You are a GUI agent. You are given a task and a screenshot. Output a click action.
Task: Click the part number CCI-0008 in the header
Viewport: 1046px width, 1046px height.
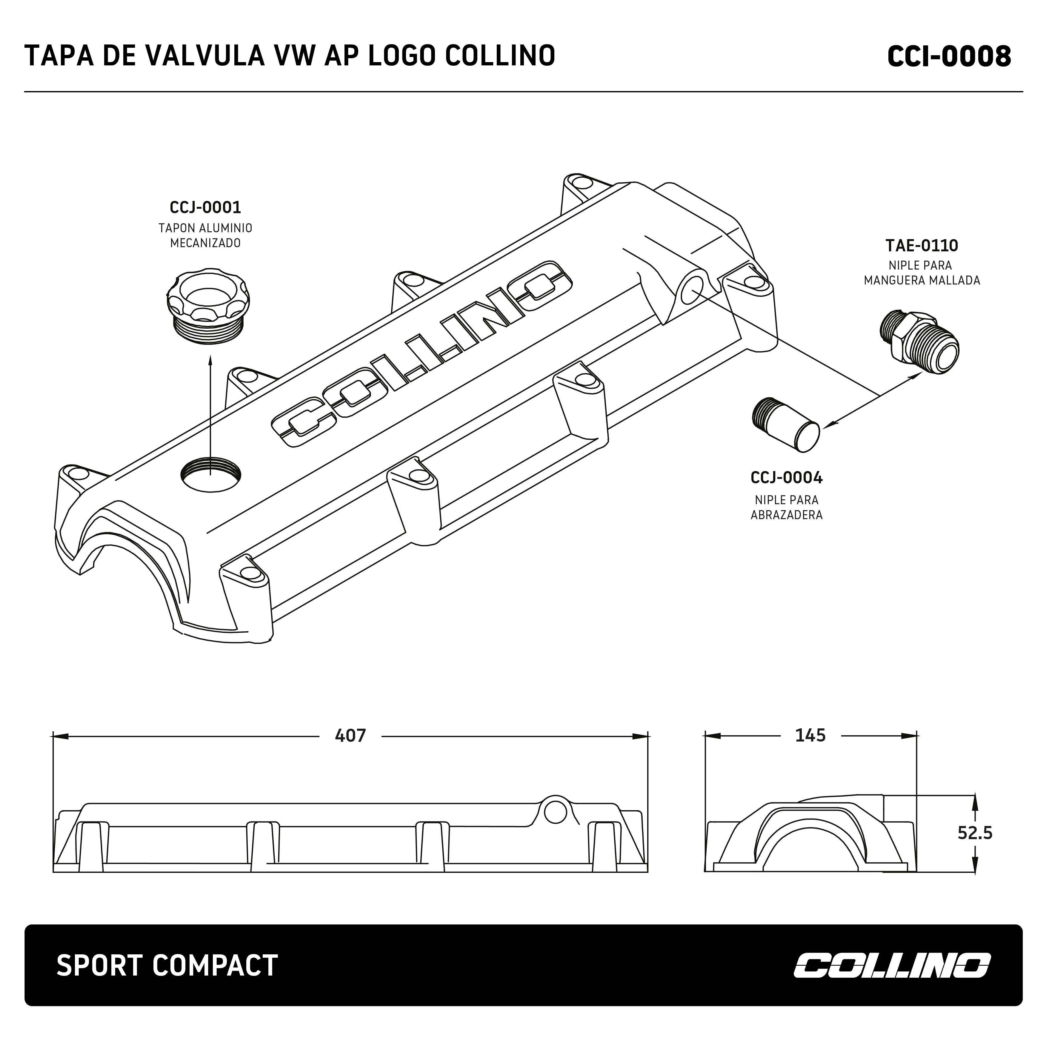click(949, 56)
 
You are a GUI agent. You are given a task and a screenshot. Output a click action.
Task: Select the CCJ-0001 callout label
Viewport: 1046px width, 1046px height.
click(205, 207)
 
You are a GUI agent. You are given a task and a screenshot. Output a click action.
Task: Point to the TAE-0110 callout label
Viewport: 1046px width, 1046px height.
click(922, 246)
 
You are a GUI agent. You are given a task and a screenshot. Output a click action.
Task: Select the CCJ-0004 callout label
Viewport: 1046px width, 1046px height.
click(786, 478)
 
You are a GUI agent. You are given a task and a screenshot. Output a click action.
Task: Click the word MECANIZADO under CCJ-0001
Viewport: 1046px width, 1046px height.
click(205, 243)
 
